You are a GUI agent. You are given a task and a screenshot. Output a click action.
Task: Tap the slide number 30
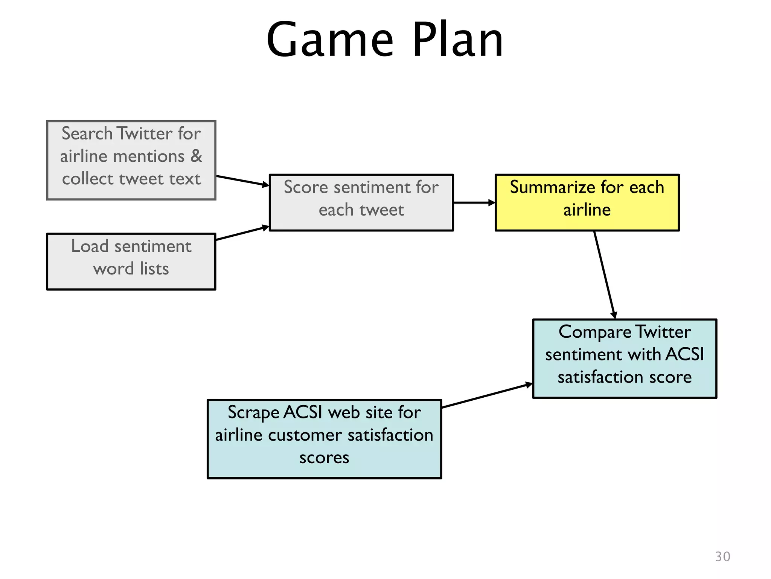(722, 556)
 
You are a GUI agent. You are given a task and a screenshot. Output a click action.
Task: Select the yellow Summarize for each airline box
(587, 202)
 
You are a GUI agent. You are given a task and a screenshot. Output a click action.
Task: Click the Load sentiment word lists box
(131, 261)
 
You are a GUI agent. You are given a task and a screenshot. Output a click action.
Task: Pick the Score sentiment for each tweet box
(361, 202)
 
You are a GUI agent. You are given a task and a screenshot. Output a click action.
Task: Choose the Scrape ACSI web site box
(324, 439)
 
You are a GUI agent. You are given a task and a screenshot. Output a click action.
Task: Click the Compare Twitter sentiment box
(625, 358)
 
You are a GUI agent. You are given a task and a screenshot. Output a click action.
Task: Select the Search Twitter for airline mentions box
(131, 160)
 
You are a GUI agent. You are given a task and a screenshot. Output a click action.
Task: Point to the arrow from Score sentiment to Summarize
(474, 202)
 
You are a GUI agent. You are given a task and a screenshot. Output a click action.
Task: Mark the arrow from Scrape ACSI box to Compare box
(487, 396)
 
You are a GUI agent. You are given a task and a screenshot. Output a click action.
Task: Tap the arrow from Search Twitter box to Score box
(242, 181)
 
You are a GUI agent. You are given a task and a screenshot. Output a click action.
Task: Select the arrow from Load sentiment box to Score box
(242, 233)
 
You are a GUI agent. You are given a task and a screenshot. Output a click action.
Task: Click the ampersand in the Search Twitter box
(196, 156)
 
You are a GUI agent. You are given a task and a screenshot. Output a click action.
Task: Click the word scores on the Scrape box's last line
(324, 458)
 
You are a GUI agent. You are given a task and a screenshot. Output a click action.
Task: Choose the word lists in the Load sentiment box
(154, 269)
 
